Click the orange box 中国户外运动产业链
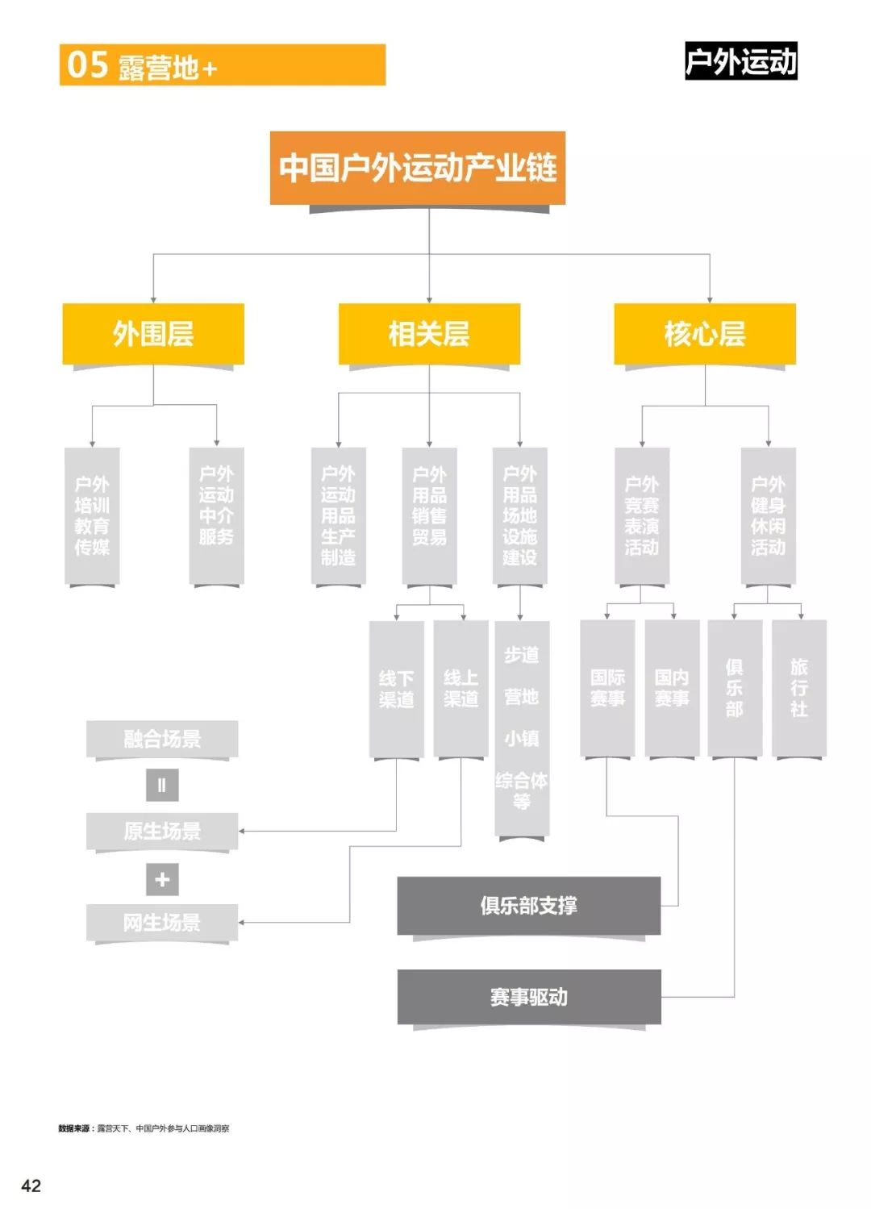click(418, 168)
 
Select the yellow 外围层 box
click(153, 333)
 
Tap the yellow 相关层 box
click(429, 333)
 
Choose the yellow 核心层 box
click(705, 333)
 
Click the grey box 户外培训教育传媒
click(92, 515)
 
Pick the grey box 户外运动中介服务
click(216, 515)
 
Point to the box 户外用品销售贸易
click(429, 515)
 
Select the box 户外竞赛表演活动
click(642, 515)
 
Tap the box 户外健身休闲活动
click(768, 515)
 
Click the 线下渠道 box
click(396, 689)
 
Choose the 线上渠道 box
click(461, 689)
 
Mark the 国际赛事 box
click(607, 688)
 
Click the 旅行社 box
click(799, 688)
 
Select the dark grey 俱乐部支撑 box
click(529, 906)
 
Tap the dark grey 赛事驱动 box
click(529, 997)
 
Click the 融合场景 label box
click(162, 739)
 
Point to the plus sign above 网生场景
click(162, 879)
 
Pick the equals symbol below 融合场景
click(162, 785)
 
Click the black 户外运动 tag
click(740, 61)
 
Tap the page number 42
click(31, 1185)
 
